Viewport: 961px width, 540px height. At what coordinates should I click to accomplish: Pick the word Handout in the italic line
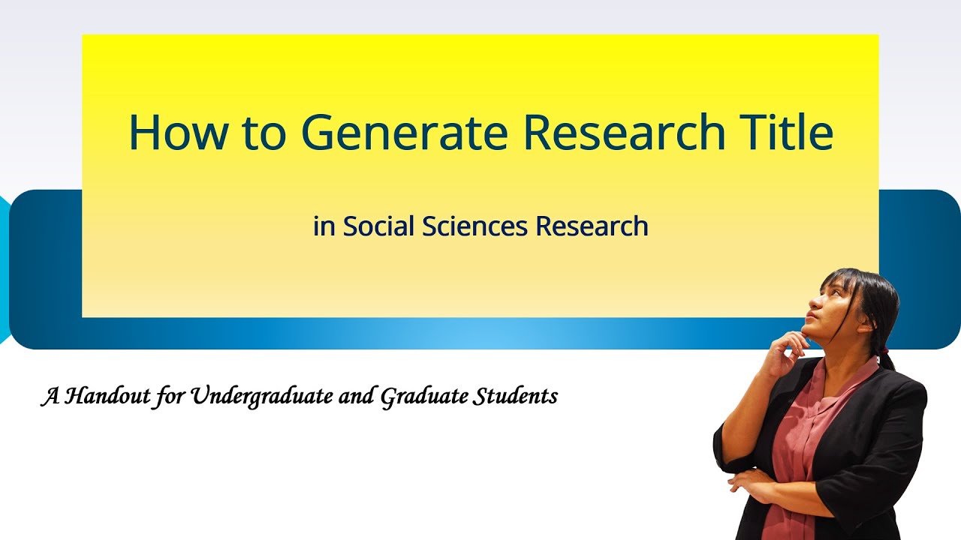[x=104, y=396]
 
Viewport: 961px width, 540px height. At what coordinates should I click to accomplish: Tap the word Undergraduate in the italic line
[x=257, y=397]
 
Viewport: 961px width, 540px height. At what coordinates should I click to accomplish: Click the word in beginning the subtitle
[x=324, y=226]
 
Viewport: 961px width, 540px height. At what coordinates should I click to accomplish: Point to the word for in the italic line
[x=170, y=397]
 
